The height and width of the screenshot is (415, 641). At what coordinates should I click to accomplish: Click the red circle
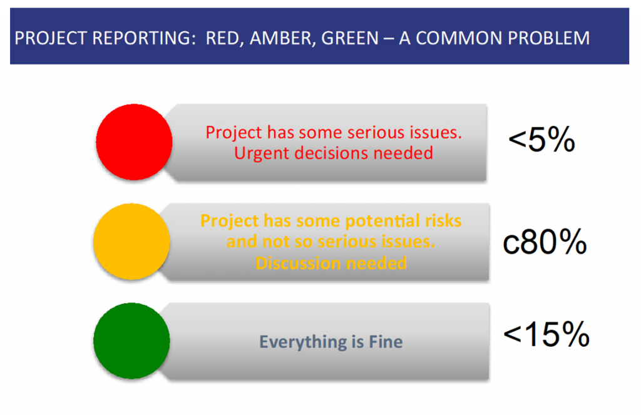point(134,142)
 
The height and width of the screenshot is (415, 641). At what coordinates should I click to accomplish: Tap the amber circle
point(131,241)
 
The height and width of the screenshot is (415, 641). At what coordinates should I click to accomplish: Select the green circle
point(131,341)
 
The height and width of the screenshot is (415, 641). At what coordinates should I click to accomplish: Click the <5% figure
point(541,140)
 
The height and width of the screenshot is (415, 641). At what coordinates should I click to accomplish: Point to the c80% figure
point(545,242)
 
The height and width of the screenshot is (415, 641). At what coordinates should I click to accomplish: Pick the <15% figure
point(546,334)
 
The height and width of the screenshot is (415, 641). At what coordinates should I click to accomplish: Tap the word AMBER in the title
point(282,38)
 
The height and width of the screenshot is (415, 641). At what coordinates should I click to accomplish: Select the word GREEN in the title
point(350,38)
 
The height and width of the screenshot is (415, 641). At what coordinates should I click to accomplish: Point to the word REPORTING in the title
point(141,38)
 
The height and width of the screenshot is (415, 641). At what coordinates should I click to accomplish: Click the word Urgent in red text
point(262,153)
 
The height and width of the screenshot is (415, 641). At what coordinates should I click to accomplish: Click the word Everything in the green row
point(303,342)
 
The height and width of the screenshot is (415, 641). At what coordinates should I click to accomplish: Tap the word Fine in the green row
point(386,341)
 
